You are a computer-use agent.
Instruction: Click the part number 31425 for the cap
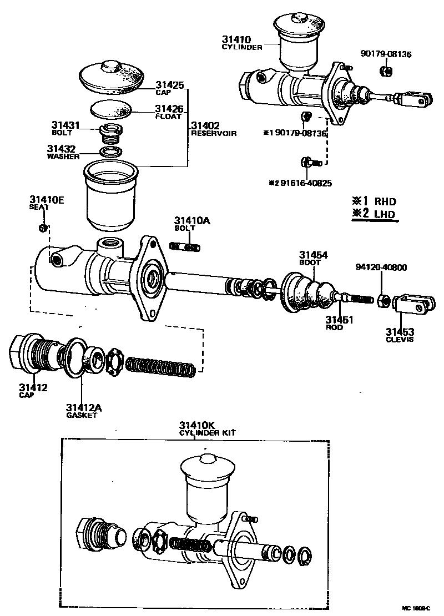click(x=169, y=85)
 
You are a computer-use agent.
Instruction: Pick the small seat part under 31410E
click(x=43, y=228)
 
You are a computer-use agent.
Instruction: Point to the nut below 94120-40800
click(x=382, y=300)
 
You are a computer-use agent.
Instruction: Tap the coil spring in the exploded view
click(x=160, y=366)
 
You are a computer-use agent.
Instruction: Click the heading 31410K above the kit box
click(x=195, y=426)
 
